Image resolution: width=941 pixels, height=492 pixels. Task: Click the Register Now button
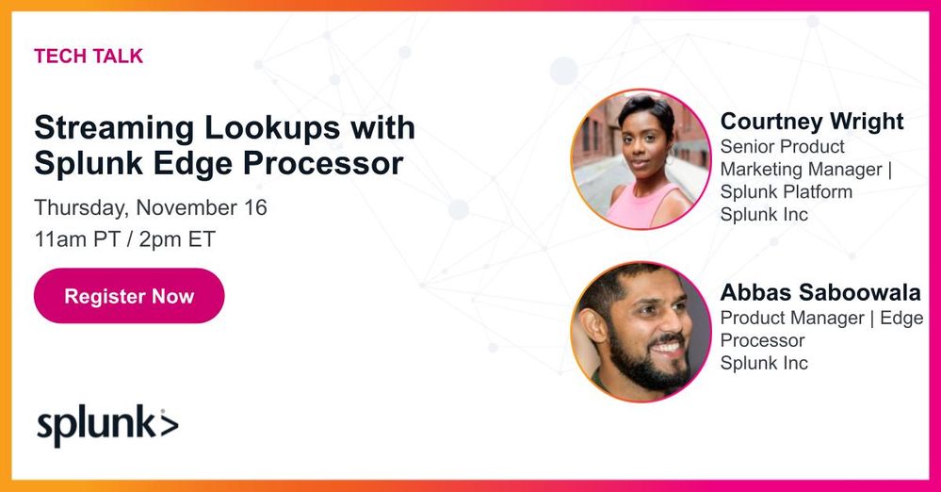(129, 296)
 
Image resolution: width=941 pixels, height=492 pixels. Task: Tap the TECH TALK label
(89, 57)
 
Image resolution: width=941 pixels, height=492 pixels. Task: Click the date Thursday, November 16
(151, 207)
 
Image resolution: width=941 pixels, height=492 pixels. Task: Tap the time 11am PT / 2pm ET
(125, 238)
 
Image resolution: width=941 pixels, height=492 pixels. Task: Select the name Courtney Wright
(811, 122)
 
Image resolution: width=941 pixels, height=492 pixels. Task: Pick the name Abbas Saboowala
(819, 292)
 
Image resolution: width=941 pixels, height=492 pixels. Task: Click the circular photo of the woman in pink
(641, 159)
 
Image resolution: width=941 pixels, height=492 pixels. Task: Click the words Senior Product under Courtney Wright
(782, 147)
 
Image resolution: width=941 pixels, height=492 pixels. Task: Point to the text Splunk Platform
(786, 191)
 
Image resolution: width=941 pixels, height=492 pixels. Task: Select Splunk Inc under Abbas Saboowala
(764, 363)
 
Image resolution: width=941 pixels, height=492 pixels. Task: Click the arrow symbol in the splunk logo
(168, 424)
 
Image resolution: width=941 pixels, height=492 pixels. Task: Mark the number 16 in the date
(255, 207)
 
